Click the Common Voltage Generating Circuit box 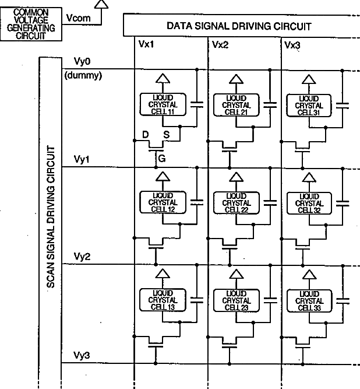click(x=31, y=23)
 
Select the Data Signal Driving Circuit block click(x=239, y=26)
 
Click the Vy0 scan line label click(x=82, y=62)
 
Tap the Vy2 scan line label click(x=82, y=257)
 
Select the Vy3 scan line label click(x=82, y=355)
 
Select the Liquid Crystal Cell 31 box click(x=309, y=104)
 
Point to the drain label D click(x=145, y=135)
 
